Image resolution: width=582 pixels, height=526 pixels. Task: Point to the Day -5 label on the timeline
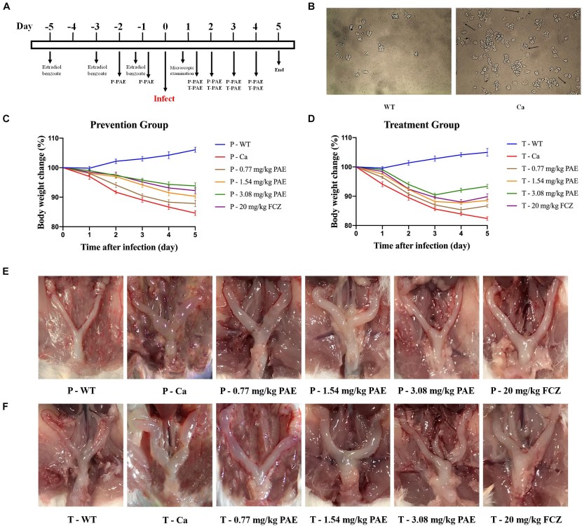point(48,27)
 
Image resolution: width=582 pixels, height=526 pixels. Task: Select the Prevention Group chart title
point(128,125)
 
